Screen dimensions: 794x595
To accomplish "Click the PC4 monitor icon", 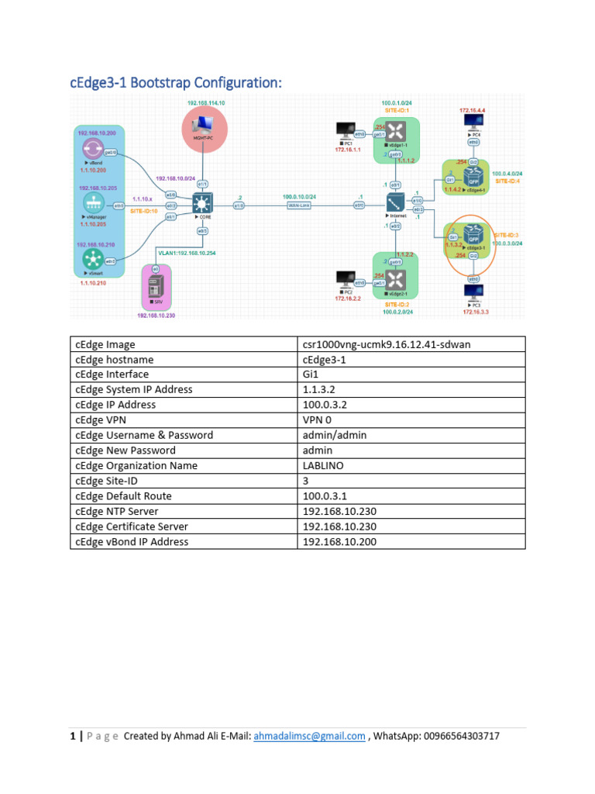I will click(472, 124).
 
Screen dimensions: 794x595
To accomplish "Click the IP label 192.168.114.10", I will click(205, 103).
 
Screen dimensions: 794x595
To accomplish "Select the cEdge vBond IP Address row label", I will click(131, 542).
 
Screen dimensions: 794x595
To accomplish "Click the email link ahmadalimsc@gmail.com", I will click(310, 736).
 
